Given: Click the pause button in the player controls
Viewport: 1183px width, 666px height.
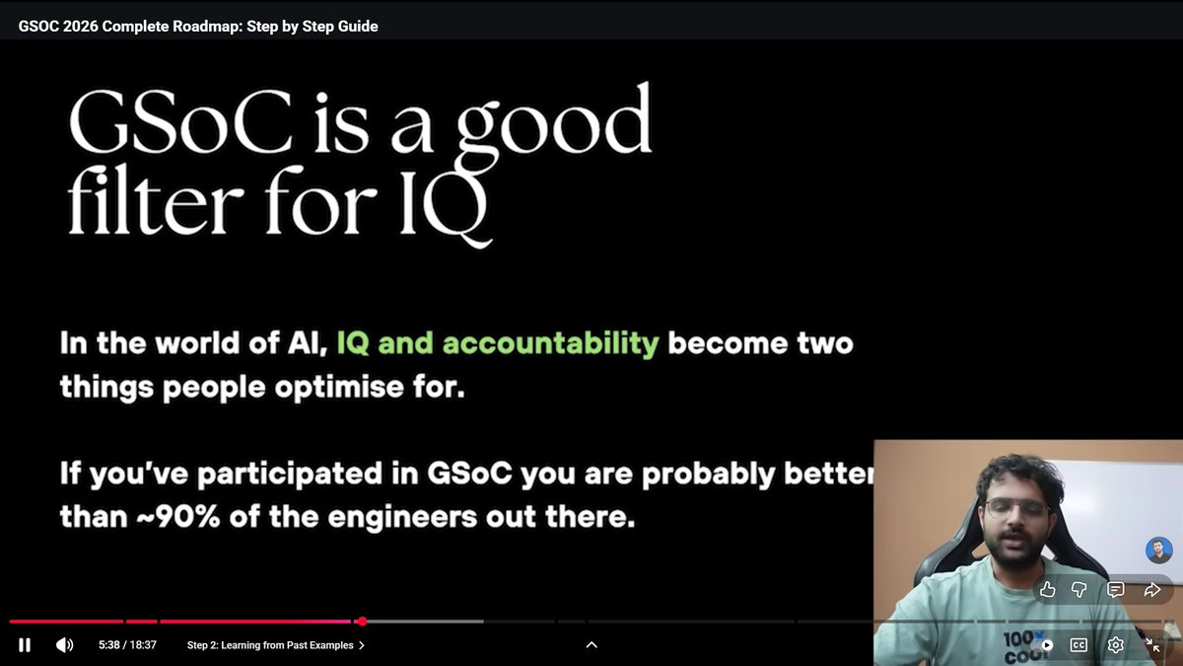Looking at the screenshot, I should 25,645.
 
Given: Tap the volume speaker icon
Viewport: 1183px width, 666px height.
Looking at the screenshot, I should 64,645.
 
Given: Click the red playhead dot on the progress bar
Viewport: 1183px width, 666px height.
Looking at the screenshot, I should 362,622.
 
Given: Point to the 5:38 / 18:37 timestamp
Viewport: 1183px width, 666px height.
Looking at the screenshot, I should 127,645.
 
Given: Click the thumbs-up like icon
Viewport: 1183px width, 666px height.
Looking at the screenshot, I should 1048,590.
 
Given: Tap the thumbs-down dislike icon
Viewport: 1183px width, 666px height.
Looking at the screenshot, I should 1079,590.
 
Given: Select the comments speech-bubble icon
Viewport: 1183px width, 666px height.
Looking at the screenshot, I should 1116,590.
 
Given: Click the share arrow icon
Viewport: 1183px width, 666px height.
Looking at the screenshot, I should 1151,590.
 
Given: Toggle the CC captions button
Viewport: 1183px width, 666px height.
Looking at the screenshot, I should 1079,645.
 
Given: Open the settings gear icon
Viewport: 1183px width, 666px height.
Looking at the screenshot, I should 1116,645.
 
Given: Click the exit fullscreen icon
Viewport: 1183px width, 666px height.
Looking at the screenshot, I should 1152,645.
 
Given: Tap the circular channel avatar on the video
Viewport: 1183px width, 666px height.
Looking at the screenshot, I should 1158,551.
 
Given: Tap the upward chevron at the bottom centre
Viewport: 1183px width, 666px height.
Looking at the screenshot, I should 591,645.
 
